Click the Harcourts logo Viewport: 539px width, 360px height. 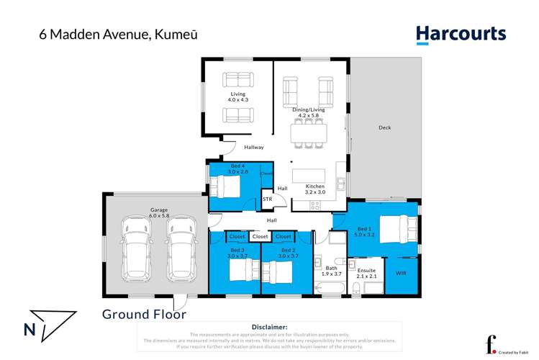pyautogui.click(x=461, y=34)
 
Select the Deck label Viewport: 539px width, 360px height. pyautogui.click(x=384, y=128)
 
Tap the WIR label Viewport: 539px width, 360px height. pyautogui.click(x=401, y=274)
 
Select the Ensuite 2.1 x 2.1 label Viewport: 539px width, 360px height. pyautogui.click(x=367, y=274)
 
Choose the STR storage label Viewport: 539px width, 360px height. pyautogui.click(x=267, y=199)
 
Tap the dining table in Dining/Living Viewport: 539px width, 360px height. pyautogui.click(x=308, y=133)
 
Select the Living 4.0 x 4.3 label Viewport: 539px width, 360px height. pyautogui.click(x=237, y=97)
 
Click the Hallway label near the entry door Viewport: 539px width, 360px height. pyautogui.click(x=254, y=147)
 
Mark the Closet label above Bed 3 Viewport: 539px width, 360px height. pyautogui.click(x=235, y=236)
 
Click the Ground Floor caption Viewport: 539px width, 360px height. pyautogui.click(x=144, y=314)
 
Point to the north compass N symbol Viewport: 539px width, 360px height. pyautogui.click(x=30, y=330)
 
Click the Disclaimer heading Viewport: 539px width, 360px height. pyautogui.click(x=269, y=327)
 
